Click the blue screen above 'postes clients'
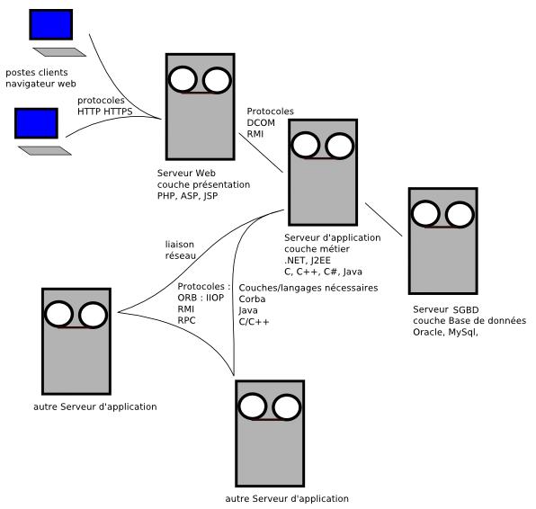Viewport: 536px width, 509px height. (51, 24)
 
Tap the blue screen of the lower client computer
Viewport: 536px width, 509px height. (36, 123)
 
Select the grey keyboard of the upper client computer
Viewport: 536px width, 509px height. (59, 52)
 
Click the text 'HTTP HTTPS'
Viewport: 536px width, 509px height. (105, 112)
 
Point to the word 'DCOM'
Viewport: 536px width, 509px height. (261, 122)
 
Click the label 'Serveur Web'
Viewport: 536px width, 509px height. (186, 173)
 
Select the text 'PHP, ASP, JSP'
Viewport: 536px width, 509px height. (187, 196)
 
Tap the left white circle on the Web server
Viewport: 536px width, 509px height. (183, 79)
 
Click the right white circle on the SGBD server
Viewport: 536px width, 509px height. (460, 215)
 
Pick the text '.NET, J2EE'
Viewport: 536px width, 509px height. (308, 261)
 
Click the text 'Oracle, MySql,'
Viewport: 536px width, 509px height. (445, 332)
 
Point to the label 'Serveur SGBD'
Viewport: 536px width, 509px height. (446, 309)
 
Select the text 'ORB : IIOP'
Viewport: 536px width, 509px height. (201, 298)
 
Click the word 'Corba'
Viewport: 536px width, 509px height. (253, 299)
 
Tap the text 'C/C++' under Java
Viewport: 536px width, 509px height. (254, 322)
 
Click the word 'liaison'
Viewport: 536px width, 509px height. (180, 245)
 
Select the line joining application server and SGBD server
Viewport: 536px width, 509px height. (384, 219)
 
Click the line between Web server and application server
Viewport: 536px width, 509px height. (261, 153)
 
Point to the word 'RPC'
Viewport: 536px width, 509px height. (187, 321)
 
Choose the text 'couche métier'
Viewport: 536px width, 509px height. (317, 249)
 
